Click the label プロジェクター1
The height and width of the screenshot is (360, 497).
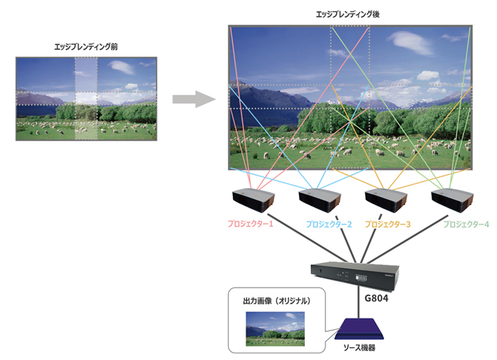(x=251, y=224)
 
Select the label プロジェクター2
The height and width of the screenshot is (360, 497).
(x=329, y=224)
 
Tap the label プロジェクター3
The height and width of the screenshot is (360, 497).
(x=388, y=224)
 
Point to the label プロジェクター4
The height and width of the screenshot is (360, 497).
(x=466, y=224)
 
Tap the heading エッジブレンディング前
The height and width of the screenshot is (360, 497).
(x=87, y=47)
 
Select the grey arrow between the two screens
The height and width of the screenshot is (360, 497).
(x=189, y=99)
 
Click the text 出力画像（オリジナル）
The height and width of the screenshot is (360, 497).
(x=273, y=301)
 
